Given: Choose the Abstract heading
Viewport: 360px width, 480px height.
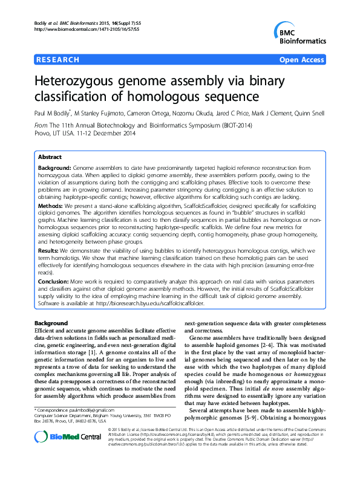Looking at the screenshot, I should coord(50,156).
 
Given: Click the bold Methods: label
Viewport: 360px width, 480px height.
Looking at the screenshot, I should coord(53,206).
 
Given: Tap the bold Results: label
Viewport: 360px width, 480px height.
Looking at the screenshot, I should coord(51,248).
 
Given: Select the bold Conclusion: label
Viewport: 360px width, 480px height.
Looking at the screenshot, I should coord(56,281).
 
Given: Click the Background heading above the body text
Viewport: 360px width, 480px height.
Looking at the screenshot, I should coord(51,323).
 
